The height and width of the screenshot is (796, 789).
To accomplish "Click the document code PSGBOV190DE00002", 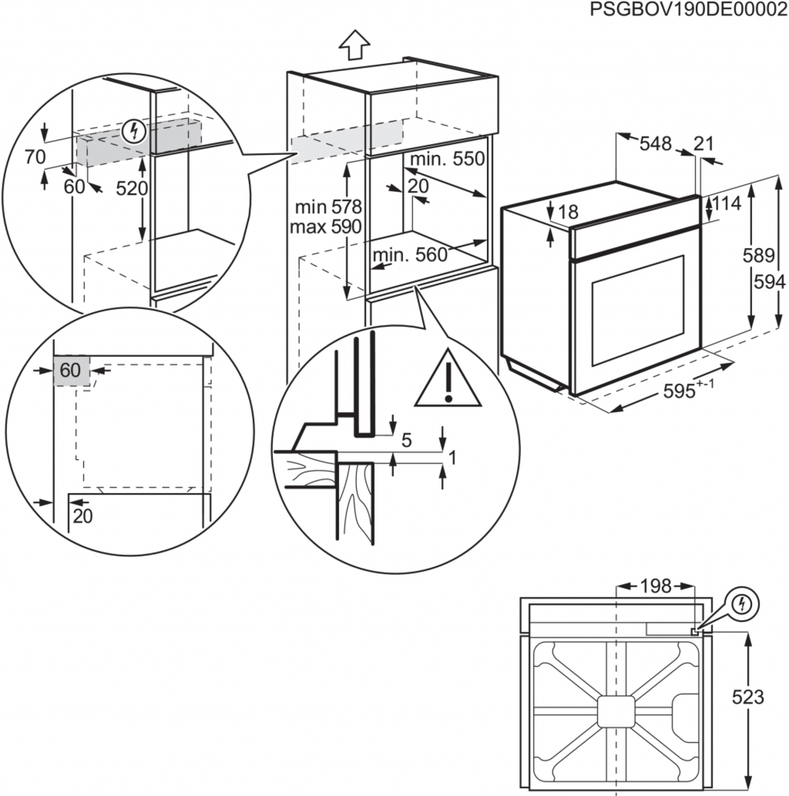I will coord(689,10).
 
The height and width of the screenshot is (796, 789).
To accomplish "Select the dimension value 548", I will coord(655,144).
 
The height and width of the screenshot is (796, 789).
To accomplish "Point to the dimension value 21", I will coord(703,144).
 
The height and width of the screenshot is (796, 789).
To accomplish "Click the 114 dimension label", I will coord(726,204).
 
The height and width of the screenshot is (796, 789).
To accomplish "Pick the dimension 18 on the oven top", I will coord(569,212).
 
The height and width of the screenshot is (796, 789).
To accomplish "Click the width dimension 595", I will coord(680,392).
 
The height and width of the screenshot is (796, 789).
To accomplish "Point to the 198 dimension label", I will coord(655,586).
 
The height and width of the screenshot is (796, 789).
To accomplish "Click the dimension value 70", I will coord(36,156).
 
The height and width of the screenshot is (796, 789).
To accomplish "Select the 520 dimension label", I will coord(133,189).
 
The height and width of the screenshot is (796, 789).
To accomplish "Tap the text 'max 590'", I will coord(326,227).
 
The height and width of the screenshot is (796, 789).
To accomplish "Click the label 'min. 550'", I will coord(446,159).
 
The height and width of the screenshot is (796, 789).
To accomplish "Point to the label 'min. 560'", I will coord(410,255).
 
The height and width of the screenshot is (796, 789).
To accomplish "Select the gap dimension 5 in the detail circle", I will coord(407,441).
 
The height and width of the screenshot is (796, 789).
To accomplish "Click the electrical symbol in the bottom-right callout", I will coord(743,604).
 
